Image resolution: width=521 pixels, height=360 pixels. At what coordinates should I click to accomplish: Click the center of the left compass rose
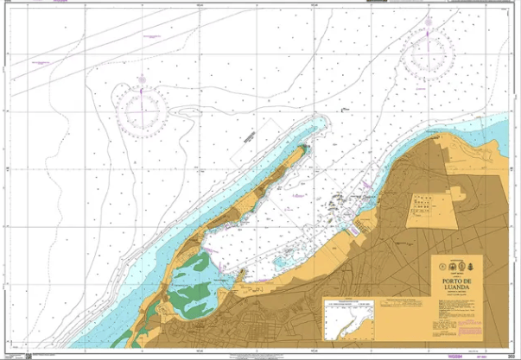[143, 108]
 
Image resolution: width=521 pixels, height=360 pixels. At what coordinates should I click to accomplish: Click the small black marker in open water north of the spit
[345, 110]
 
